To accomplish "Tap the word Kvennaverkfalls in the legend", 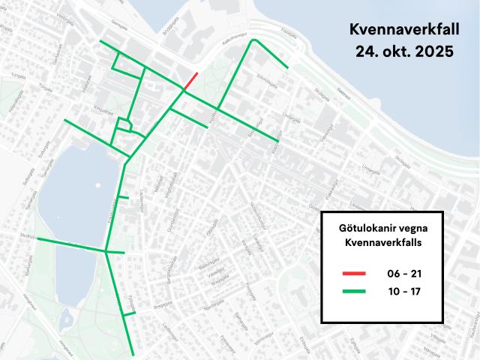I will pos(382,243).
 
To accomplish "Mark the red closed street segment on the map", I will pos(191,80).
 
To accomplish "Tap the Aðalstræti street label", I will pos(88,85).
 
